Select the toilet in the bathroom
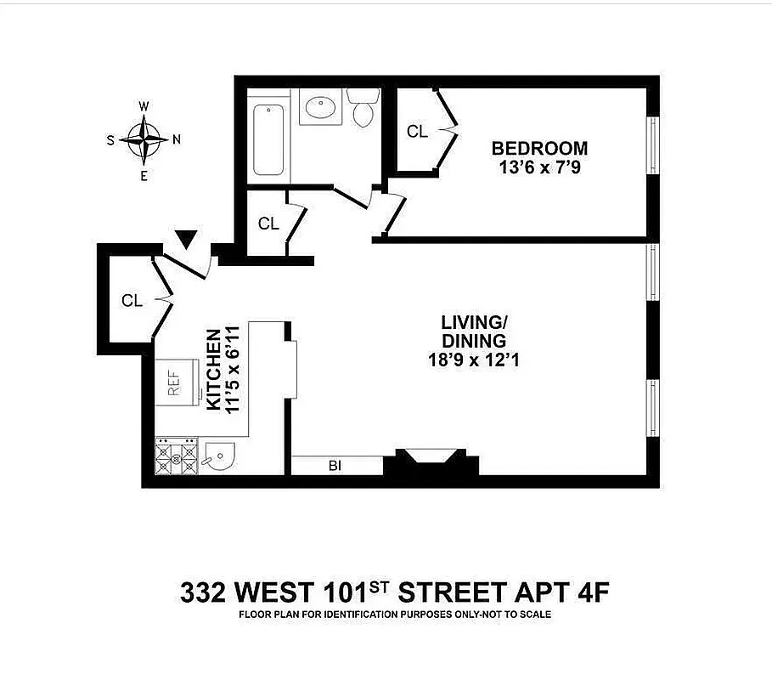pyautogui.click(x=363, y=109)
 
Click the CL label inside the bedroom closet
pyautogui.click(x=417, y=132)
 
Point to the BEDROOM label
pyautogui.click(x=539, y=149)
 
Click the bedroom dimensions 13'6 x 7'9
pyautogui.click(x=539, y=167)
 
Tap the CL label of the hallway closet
pyautogui.click(x=268, y=224)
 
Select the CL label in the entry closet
pyautogui.click(x=132, y=301)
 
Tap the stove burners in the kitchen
pyautogui.click(x=176, y=456)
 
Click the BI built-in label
pyautogui.click(x=336, y=466)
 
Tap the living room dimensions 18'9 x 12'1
pyautogui.click(x=474, y=360)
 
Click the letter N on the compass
pyautogui.click(x=177, y=139)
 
